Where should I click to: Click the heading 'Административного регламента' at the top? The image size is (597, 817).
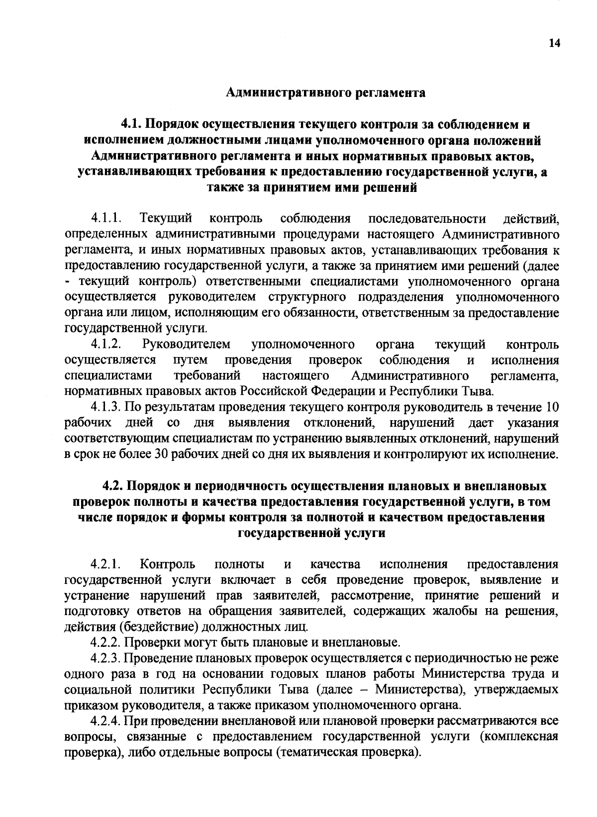click(x=326, y=93)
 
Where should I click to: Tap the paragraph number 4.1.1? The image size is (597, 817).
click(x=106, y=218)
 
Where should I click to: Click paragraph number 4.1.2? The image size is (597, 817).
click(x=106, y=345)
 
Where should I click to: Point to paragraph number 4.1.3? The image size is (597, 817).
click(x=106, y=407)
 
